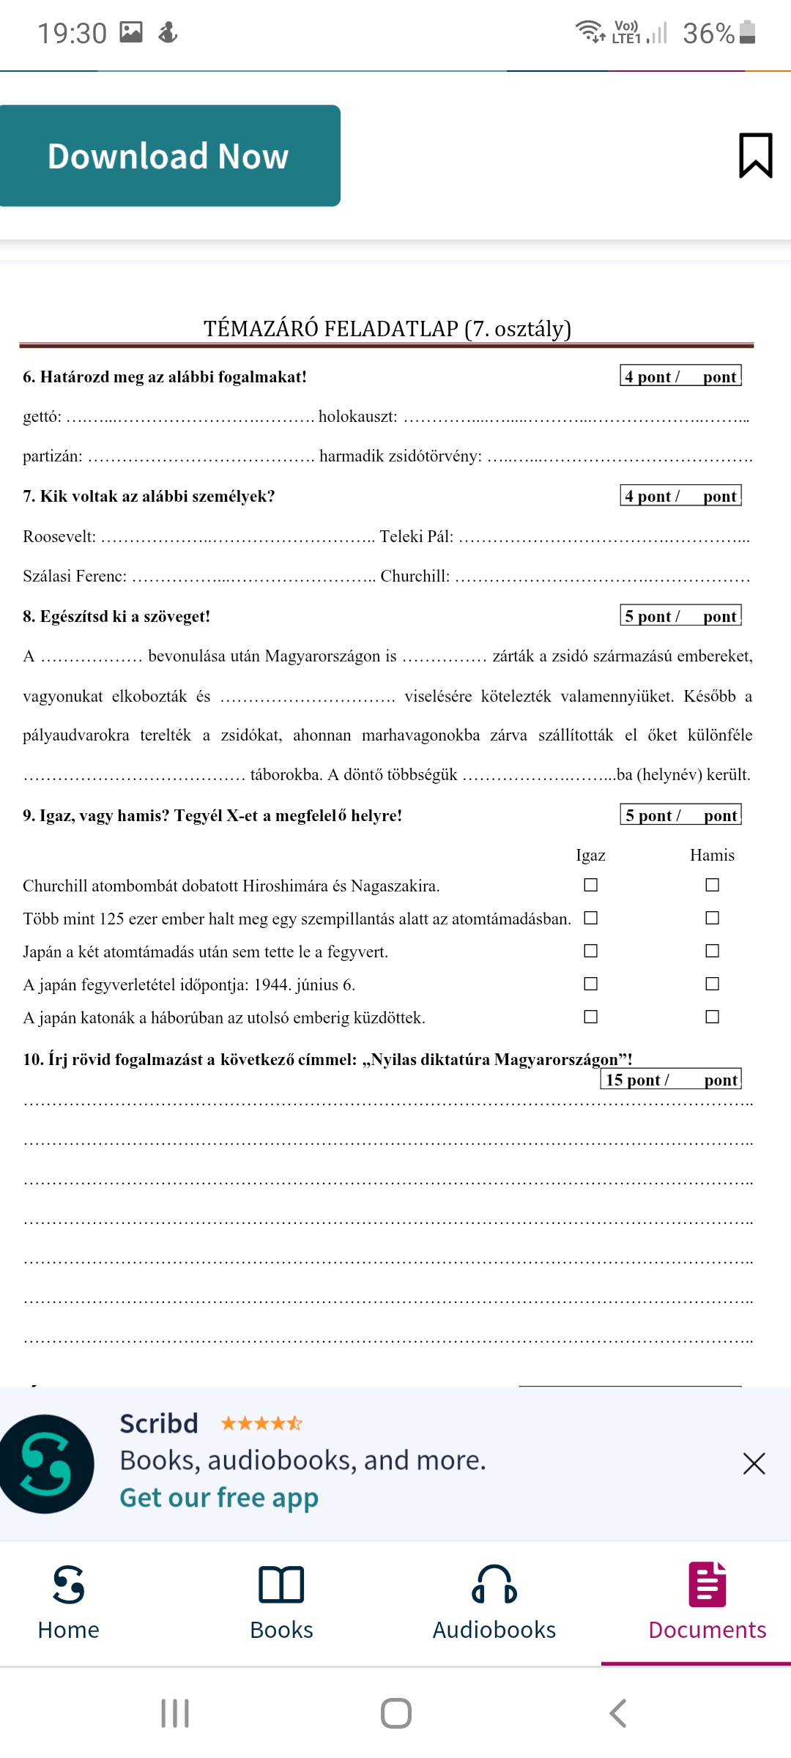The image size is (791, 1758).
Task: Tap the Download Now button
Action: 168,156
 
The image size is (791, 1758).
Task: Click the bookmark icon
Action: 755,155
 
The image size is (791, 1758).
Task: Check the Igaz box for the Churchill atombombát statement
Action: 590,885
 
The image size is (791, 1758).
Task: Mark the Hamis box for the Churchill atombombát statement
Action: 712,885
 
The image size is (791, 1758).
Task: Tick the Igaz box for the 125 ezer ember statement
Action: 590,918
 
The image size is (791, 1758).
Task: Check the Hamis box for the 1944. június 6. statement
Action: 712,984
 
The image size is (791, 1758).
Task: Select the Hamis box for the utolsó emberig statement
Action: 712,1017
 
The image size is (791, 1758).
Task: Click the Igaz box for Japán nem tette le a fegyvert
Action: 590,951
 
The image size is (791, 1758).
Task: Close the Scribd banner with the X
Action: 754,1464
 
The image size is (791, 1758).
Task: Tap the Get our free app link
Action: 219,1498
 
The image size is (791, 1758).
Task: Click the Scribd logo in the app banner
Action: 47,1464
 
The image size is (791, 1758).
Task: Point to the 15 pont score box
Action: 671,1080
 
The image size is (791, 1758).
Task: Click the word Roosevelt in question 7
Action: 59,536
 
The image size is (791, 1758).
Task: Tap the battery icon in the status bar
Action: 747,32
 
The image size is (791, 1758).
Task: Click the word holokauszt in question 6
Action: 357,417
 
